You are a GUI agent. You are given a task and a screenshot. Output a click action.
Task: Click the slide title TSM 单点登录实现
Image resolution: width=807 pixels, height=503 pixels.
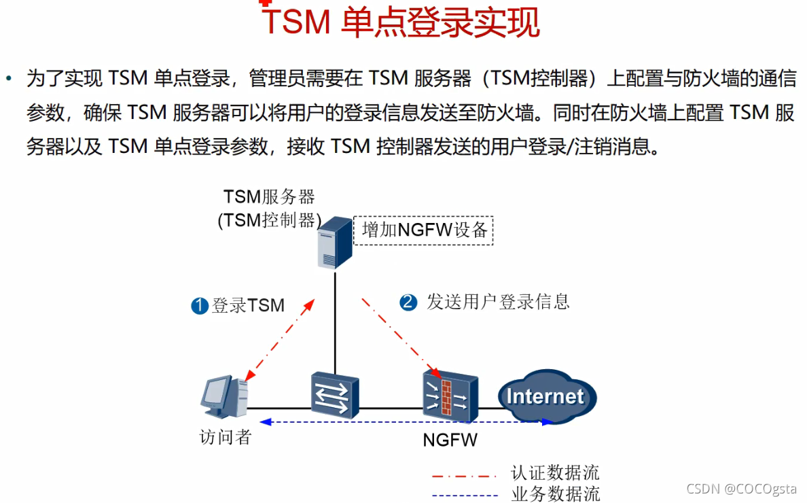pos(401,22)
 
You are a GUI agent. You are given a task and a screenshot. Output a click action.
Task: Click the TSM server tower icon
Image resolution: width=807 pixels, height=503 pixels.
pos(335,242)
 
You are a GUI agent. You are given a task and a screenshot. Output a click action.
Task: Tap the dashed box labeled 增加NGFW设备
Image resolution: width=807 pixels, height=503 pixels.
pos(425,230)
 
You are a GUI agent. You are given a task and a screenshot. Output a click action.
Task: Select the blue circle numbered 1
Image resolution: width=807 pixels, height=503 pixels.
pos(199,306)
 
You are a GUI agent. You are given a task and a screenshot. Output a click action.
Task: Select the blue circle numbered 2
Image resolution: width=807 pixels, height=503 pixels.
pos(408,302)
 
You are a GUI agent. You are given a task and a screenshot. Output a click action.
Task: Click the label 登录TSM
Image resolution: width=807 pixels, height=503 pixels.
pos(248,306)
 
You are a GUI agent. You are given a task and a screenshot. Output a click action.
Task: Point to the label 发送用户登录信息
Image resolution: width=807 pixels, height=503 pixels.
pos(497,302)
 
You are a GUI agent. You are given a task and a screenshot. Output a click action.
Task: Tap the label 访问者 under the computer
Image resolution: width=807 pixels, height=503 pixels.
pos(226,436)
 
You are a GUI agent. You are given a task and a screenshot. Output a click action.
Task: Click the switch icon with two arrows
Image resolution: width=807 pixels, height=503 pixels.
pos(334,394)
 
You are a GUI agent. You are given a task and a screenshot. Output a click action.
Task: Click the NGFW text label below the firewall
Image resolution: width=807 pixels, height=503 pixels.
pos(450,440)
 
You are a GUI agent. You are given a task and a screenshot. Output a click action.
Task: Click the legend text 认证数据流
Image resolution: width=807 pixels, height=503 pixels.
pos(555,472)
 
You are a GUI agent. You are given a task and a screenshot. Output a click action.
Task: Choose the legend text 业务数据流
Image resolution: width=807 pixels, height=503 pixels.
pos(555,494)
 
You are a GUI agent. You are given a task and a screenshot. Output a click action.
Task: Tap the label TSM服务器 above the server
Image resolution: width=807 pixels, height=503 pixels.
pos(269,197)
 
